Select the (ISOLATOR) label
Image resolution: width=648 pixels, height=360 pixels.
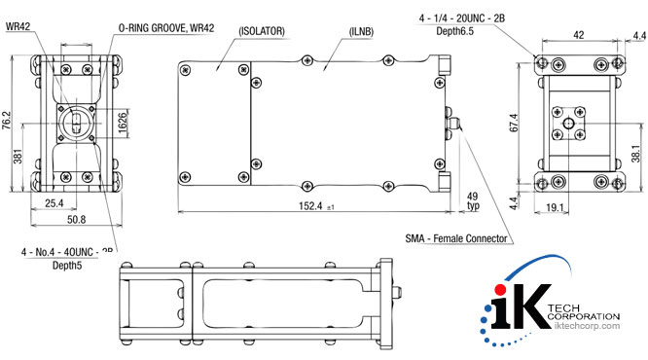point(260,31)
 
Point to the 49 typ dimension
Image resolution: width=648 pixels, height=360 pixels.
point(474,200)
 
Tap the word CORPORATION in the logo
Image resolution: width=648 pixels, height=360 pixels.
point(585,316)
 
